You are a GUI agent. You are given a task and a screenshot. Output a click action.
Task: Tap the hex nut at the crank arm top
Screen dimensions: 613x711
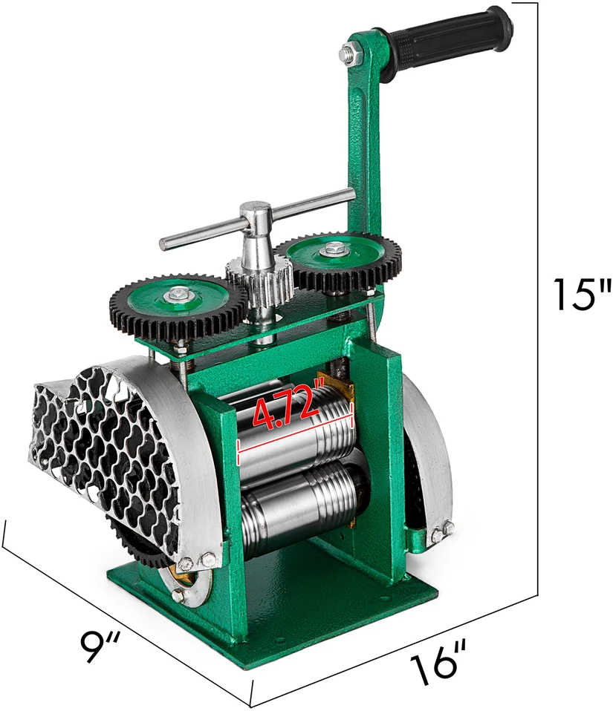(350, 50)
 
